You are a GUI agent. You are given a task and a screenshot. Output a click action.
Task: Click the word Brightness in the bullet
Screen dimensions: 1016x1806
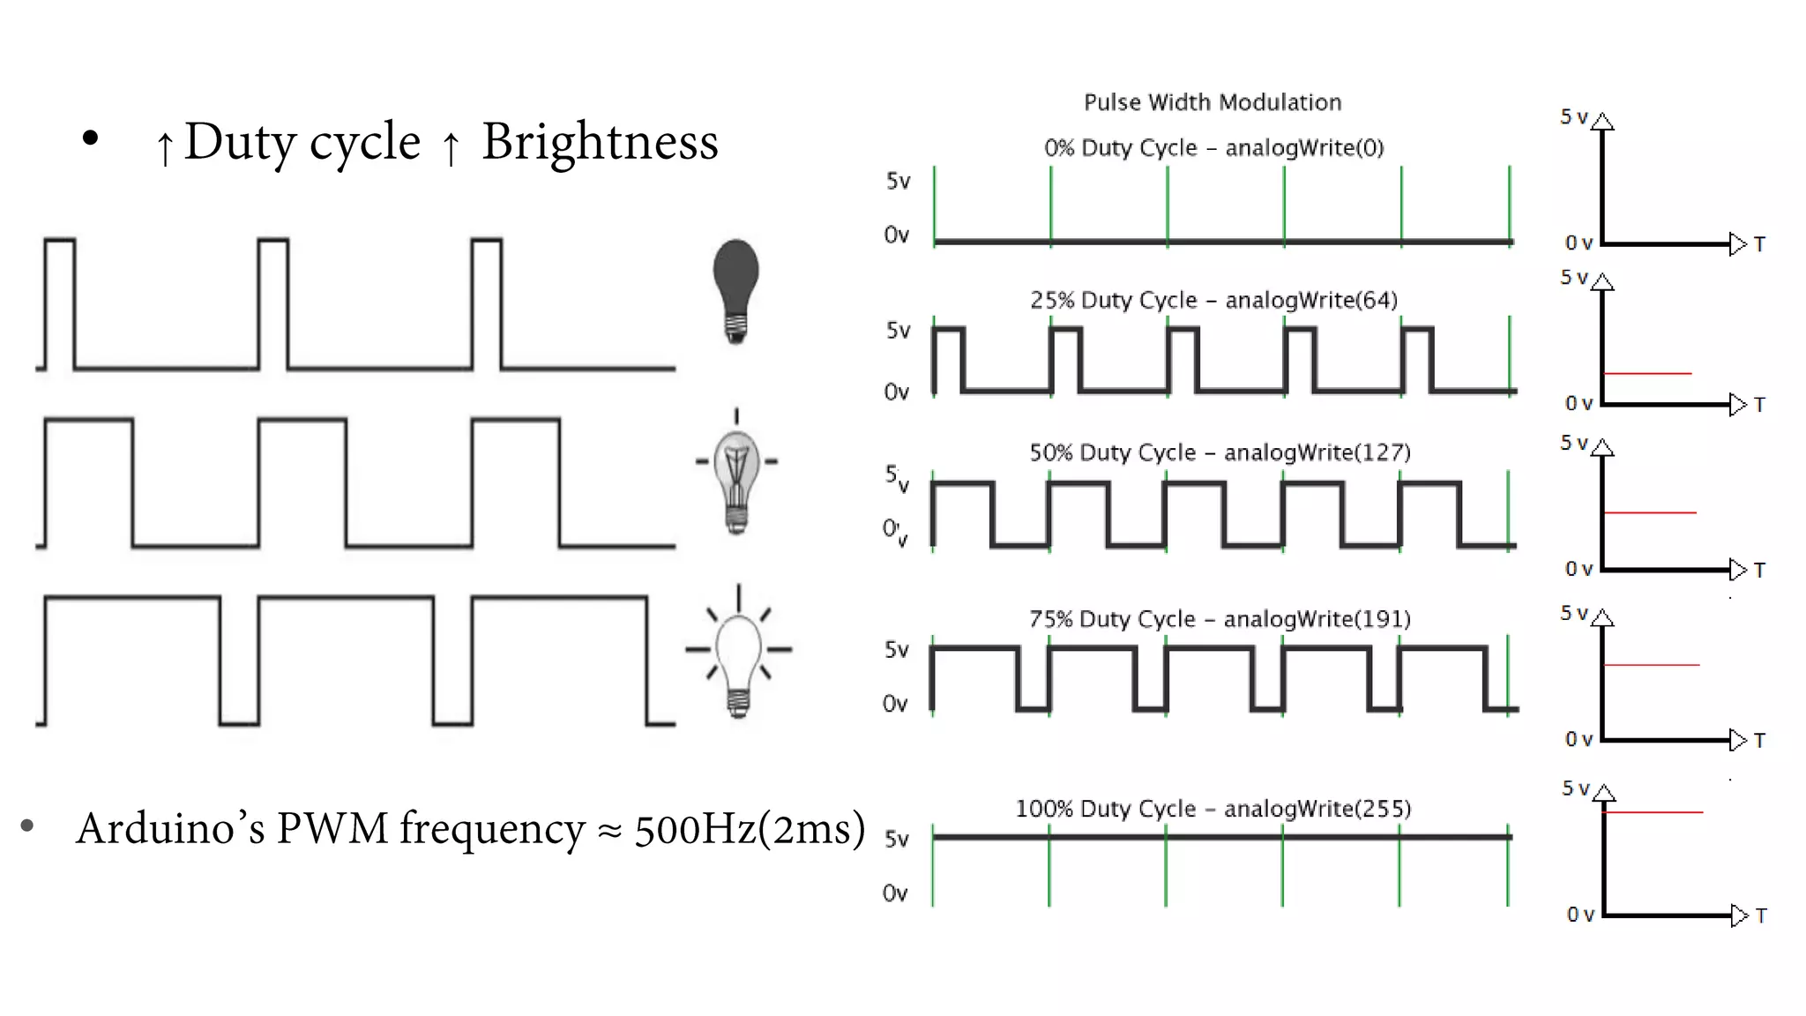(600, 142)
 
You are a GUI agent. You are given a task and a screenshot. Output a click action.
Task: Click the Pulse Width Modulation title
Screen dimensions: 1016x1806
(1213, 102)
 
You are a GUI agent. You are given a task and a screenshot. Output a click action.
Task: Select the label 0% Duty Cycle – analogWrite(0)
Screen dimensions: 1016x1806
(1213, 147)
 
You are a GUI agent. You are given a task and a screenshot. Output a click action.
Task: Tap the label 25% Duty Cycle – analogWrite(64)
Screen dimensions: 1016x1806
(1213, 300)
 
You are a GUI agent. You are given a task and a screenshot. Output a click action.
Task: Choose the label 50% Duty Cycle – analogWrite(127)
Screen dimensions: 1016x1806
(1220, 452)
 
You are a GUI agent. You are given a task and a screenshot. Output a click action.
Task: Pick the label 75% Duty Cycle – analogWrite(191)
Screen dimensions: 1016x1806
(1220, 619)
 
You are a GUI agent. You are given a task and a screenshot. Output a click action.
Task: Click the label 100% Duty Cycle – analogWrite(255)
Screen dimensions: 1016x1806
(1213, 809)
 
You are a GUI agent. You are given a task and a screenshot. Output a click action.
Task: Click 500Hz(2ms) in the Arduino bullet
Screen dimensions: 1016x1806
(750, 829)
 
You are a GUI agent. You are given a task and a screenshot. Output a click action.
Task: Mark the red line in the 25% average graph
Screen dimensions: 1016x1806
(1646, 374)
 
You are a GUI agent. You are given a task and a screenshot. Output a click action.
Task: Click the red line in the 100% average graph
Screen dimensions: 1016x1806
(1653, 812)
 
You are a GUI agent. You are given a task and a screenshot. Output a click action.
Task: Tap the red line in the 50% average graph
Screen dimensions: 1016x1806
(1649, 512)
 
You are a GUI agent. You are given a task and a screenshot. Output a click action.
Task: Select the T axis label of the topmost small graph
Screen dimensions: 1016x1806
(1759, 244)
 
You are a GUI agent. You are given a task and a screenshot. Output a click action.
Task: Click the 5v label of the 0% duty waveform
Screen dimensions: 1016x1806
(898, 181)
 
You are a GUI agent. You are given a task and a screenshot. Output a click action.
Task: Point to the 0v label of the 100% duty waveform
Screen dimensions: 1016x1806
(895, 893)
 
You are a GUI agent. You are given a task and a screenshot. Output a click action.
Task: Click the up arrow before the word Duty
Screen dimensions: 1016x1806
(164, 147)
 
